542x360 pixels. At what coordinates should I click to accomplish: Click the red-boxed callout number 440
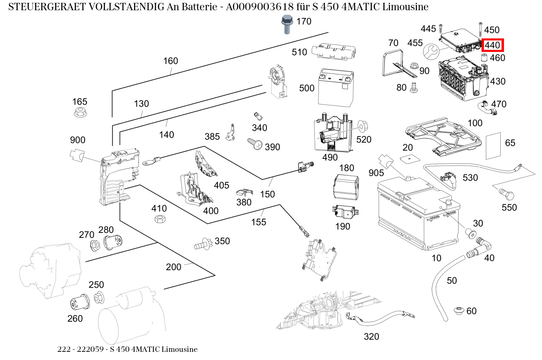click(x=493, y=45)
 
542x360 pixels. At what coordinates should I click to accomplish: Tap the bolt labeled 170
click(x=287, y=24)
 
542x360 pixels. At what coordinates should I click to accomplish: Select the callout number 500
click(x=307, y=88)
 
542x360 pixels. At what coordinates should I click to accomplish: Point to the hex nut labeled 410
click(x=160, y=219)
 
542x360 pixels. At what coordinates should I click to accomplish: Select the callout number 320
click(x=371, y=337)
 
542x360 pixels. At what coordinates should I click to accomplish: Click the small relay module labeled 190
click(x=344, y=212)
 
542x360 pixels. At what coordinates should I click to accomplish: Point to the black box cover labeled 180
click(x=346, y=187)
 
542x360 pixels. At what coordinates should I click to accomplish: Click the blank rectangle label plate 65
click(x=493, y=146)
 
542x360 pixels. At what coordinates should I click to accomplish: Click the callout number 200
click(x=174, y=267)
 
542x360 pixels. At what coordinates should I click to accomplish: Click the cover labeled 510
click(x=334, y=51)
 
